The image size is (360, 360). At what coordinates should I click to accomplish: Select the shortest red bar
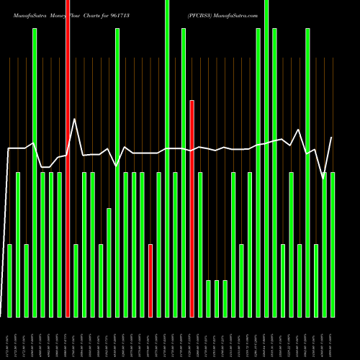point(150,281)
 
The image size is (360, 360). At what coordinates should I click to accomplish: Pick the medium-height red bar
point(192,209)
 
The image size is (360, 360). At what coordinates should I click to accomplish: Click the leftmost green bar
point(9,281)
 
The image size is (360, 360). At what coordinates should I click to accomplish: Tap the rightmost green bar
point(333,245)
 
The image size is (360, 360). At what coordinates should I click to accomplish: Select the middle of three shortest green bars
point(217,299)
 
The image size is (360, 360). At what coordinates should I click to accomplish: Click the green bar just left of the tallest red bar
point(60,245)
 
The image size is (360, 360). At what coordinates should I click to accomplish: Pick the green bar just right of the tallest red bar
point(76,281)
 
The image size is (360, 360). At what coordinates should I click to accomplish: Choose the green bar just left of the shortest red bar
point(143,245)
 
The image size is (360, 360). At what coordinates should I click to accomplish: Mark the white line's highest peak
point(76,119)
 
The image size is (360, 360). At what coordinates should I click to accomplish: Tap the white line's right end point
point(332,137)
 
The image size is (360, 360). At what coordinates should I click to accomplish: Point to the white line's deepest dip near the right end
point(323,179)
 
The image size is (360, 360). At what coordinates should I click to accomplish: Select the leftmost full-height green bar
point(35,173)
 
